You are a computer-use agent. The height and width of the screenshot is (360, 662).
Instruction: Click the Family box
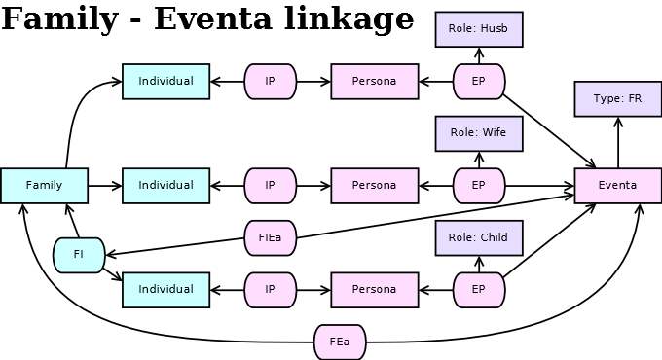click(44, 186)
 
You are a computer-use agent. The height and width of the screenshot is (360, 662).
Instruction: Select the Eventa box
click(618, 186)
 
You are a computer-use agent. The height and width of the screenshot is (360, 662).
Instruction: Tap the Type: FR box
click(618, 99)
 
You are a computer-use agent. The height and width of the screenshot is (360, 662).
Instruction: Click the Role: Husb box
click(479, 29)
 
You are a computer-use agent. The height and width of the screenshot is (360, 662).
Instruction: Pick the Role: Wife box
click(479, 133)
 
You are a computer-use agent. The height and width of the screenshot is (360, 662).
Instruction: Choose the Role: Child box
click(479, 238)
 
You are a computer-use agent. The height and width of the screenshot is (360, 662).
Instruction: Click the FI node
click(79, 255)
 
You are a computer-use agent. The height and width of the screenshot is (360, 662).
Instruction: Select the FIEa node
click(271, 237)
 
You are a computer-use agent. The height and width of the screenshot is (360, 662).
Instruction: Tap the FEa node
click(340, 342)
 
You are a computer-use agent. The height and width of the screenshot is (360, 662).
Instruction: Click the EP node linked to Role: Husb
click(479, 82)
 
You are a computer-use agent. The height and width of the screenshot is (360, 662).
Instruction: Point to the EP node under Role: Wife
click(479, 186)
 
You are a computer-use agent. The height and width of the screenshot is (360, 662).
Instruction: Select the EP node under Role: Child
click(479, 290)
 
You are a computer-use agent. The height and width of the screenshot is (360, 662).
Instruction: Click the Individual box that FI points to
click(165, 290)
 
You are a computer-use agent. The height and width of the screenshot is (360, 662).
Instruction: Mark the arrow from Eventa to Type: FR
click(618, 142)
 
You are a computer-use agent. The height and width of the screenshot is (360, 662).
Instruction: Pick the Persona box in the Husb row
click(375, 82)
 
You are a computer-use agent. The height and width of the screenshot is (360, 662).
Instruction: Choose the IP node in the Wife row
click(271, 186)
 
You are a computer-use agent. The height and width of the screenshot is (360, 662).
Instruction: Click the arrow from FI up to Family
click(71, 221)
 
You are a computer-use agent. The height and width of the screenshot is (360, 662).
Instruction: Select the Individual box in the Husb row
click(165, 82)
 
